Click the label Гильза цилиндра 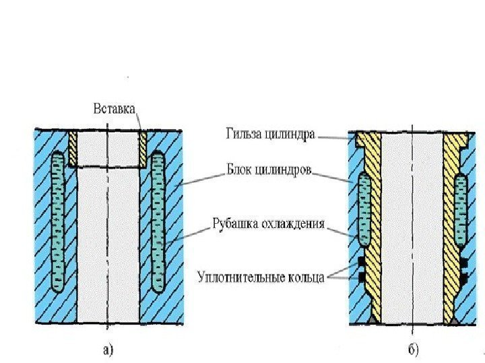tap(270, 134)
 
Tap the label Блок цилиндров tap(268, 171)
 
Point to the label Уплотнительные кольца tap(261, 276)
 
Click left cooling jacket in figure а tap(59, 222)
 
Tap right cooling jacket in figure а tap(158, 222)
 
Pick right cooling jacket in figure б tap(461, 208)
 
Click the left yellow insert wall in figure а tap(74, 148)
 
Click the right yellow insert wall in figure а tap(142, 148)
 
